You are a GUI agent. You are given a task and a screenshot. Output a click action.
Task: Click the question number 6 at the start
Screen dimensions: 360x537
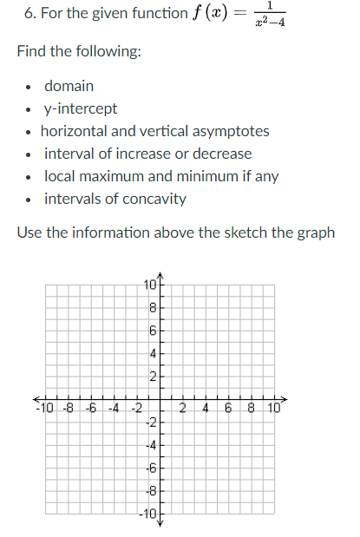22,14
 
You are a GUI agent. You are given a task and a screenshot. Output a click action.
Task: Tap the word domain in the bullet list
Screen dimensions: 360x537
69,87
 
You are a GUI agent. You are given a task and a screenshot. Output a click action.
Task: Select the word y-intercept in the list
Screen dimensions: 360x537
81,109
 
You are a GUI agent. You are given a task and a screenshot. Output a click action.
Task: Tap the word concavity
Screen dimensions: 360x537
154,200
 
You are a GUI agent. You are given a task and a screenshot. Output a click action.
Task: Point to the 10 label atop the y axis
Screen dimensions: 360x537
149,285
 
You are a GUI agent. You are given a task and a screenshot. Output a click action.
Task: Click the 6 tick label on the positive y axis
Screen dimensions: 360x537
152,331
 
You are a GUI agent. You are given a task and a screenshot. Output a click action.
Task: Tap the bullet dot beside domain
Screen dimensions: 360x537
29,88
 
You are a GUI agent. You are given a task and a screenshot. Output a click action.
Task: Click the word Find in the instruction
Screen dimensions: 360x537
32,54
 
